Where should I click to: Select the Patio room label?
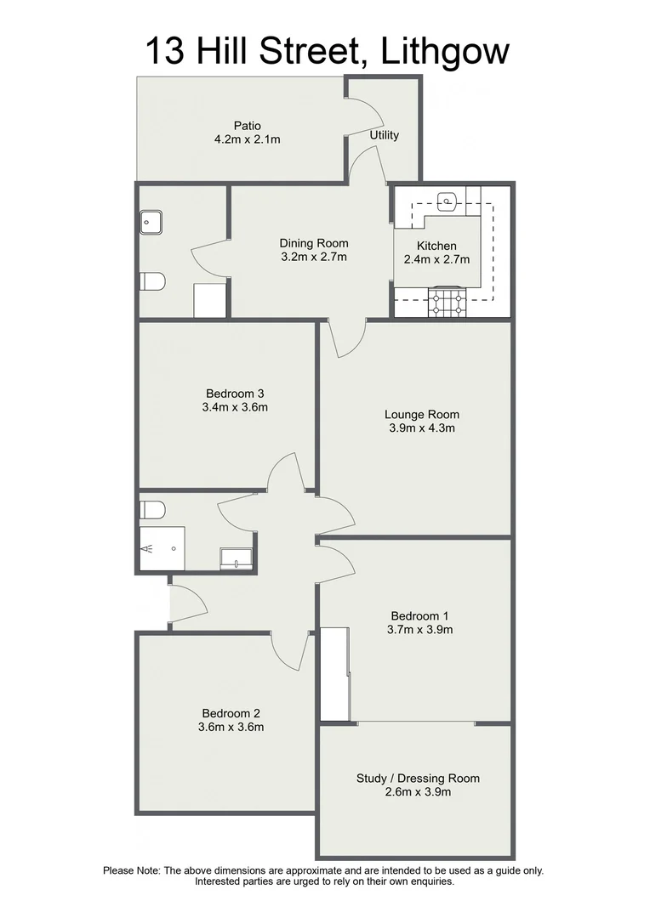point(225,126)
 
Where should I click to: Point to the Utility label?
point(384,135)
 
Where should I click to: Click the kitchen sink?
point(448,201)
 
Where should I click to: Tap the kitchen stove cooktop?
point(448,303)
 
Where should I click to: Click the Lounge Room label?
point(422,415)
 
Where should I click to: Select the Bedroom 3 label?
point(236,394)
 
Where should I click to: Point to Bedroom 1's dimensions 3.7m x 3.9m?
point(421,630)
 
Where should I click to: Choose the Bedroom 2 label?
point(231,713)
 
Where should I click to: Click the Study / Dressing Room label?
point(418,778)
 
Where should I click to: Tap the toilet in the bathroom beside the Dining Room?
point(151,280)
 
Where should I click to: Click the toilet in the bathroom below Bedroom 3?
point(152,509)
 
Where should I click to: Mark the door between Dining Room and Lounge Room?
point(345,337)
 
